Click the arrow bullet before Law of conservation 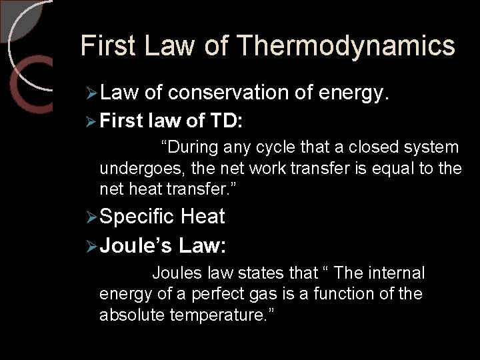pyautogui.click(x=93, y=95)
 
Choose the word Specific pyautogui.click(x=137, y=217)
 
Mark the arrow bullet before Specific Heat pyautogui.click(x=93, y=217)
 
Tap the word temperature pyautogui.click(x=214, y=314)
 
